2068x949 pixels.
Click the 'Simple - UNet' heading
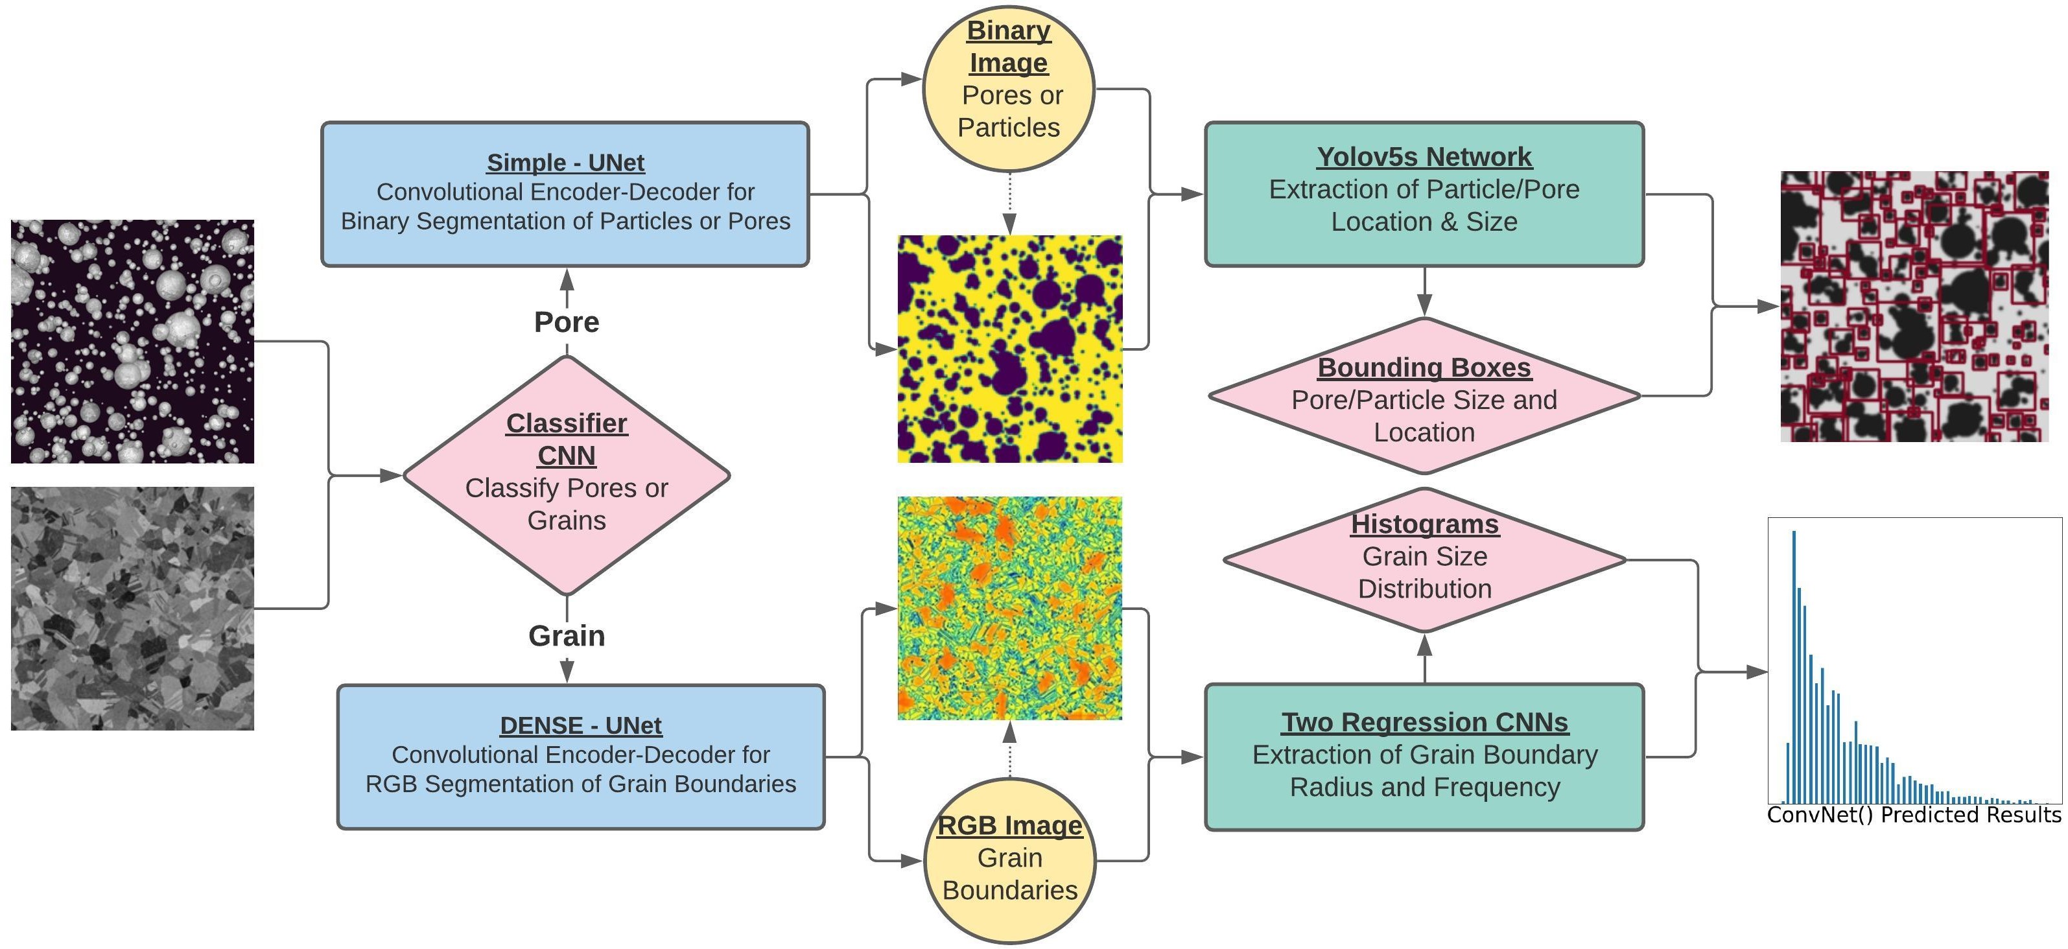565,162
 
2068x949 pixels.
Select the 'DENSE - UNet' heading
580,725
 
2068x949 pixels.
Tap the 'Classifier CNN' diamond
567,475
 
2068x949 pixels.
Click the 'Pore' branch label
567,322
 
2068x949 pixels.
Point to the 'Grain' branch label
567,636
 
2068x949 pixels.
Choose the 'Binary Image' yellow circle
1009,88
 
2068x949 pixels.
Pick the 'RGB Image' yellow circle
1010,860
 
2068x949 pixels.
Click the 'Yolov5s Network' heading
1424,158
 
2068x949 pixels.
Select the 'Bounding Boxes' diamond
1424,396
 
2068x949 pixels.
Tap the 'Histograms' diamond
1425,559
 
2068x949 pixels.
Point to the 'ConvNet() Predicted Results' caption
1914,815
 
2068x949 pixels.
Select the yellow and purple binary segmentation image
1010,349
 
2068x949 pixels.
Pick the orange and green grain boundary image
1010,608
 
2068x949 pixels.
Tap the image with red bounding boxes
1914,306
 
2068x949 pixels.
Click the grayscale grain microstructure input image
132,608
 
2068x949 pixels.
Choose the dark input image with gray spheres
132,341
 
